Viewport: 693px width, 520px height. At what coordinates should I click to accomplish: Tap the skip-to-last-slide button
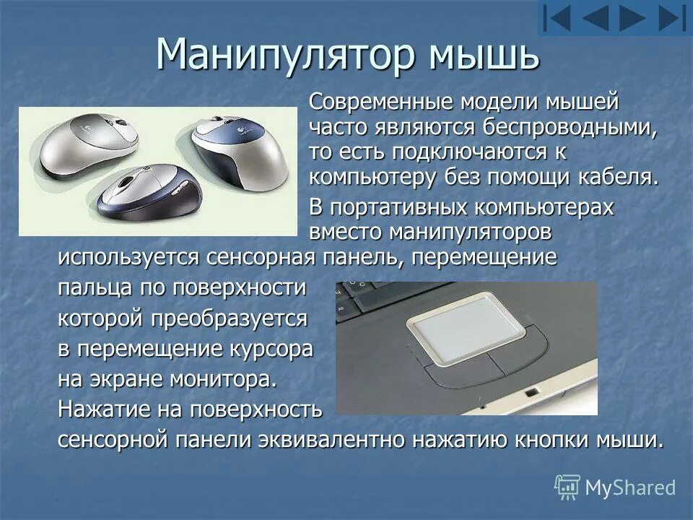coord(672,18)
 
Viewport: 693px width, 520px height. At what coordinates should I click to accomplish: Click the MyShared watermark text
coord(629,487)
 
